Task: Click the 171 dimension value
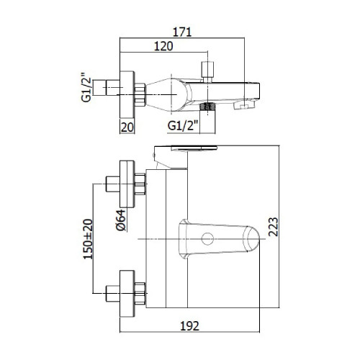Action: pyautogui.click(x=182, y=32)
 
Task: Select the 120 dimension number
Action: pyautogui.click(x=163, y=46)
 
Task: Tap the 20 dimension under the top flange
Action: pyautogui.click(x=127, y=127)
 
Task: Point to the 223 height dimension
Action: pyautogui.click(x=273, y=227)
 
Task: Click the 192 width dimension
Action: pyautogui.click(x=189, y=325)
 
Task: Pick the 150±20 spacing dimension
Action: pyautogui.click(x=88, y=239)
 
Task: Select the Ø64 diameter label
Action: pyautogui.click(x=121, y=220)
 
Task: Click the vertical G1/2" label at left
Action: pyautogui.click(x=86, y=86)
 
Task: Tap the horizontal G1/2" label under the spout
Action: pyautogui.click(x=183, y=125)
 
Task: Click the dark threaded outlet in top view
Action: pyautogui.click(x=207, y=107)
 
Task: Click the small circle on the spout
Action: pyautogui.click(x=207, y=239)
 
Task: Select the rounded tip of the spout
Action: pyautogui.click(x=251, y=239)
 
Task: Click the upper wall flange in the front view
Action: pyautogui.click(x=127, y=184)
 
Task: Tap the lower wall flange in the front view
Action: pyautogui.click(x=127, y=294)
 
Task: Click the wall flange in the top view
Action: pyautogui.click(x=127, y=94)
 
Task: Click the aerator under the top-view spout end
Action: pyautogui.click(x=244, y=105)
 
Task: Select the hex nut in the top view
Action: pyautogui.click(x=140, y=94)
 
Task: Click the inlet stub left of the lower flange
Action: pyautogui.click(x=113, y=294)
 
